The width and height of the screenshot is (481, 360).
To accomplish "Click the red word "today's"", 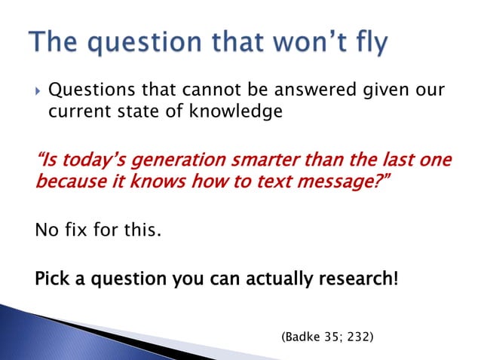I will pos(81,161).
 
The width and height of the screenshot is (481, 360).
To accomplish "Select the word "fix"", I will pos(73,230).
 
